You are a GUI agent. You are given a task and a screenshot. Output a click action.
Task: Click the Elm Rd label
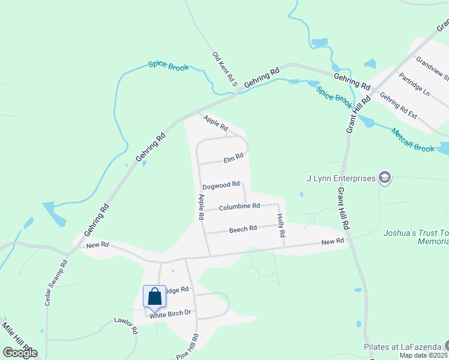[233, 158]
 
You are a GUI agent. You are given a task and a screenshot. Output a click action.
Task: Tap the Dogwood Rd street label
[221, 185]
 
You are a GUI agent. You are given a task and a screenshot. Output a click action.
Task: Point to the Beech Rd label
[243, 229]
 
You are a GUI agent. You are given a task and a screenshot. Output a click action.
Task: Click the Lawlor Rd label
[127, 325]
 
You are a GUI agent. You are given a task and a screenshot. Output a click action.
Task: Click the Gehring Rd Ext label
[398, 106]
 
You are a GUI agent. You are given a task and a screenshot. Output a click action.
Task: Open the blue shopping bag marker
[154, 296]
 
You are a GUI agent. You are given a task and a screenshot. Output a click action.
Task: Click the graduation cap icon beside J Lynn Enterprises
[385, 178]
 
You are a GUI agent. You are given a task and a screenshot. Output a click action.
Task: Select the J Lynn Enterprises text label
[340, 178]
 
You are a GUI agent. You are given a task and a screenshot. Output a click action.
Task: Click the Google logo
[20, 353]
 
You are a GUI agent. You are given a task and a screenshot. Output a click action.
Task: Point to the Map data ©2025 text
[424, 355]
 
